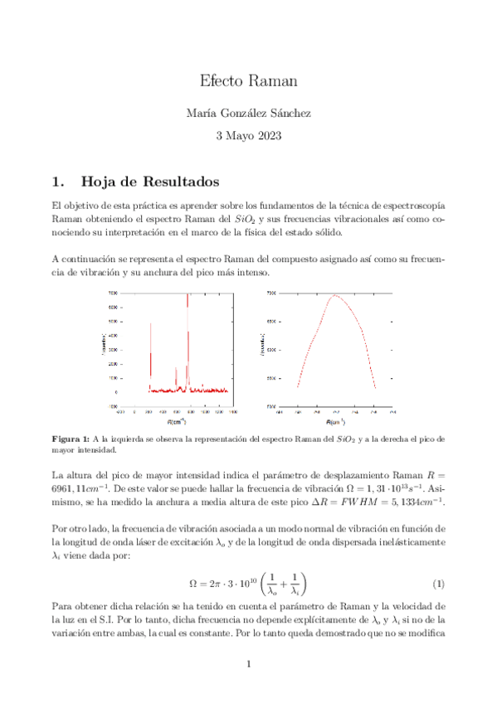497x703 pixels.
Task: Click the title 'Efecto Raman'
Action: tap(248, 81)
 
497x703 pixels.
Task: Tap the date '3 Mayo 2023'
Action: tap(248, 134)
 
